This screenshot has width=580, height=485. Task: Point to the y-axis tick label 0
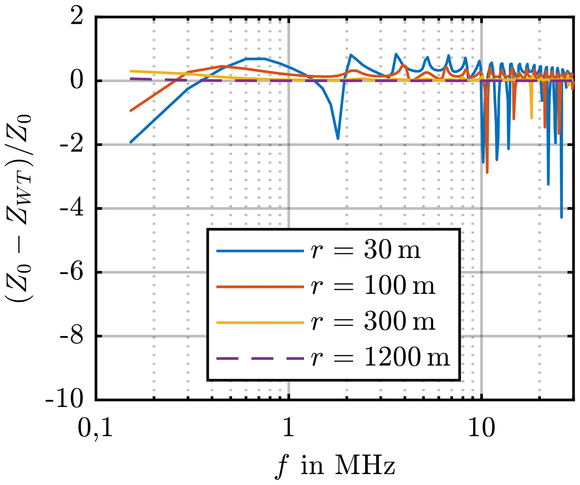click(x=76, y=81)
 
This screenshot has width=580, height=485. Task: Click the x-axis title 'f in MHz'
click(x=335, y=466)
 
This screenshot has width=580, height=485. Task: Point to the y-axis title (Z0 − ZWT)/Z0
click(x=19, y=209)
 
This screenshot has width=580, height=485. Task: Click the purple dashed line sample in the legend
click(x=260, y=358)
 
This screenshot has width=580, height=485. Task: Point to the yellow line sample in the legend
click(x=260, y=322)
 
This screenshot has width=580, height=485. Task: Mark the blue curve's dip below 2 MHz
click(x=338, y=138)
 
